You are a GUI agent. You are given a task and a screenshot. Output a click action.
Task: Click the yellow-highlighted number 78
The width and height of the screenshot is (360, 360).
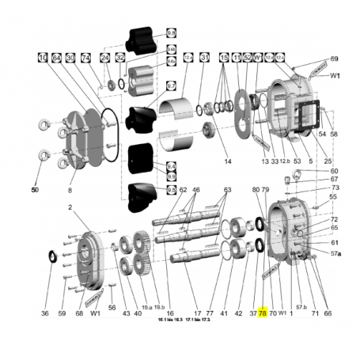click(x=263, y=313)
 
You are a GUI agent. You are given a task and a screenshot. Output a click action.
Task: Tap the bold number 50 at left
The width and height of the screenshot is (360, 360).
click(x=35, y=190)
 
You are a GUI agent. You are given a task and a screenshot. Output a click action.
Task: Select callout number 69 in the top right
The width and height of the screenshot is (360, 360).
click(x=334, y=59)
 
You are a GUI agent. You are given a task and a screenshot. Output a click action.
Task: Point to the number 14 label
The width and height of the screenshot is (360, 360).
click(x=227, y=161)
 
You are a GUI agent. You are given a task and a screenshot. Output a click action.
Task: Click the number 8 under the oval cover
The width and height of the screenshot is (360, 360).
click(x=70, y=191)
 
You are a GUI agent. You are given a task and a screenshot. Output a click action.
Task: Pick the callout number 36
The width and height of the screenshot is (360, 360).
click(x=45, y=313)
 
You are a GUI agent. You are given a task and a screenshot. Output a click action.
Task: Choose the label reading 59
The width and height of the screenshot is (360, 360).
click(x=62, y=313)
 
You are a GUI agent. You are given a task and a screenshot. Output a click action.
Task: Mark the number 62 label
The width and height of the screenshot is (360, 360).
click(x=183, y=190)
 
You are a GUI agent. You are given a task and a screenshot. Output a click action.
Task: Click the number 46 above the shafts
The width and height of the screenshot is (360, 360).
click(x=195, y=190)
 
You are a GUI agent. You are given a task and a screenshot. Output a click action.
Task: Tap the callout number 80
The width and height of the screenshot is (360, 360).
click(x=255, y=190)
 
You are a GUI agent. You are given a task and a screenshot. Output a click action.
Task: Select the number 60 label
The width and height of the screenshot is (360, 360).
click(x=334, y=171)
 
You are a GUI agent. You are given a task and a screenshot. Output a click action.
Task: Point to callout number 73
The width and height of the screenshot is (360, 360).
click(x=334, y=188)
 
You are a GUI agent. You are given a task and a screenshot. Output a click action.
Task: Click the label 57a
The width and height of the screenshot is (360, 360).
click(x=335, y=253)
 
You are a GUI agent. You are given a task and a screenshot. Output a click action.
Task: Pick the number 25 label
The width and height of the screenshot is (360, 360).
click(x=327, y=161)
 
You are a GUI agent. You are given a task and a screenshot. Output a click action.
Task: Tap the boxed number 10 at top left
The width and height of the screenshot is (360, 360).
click(x=41, y=58)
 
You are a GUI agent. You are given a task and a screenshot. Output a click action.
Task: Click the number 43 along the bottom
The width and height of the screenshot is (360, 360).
click(x=125, y=313)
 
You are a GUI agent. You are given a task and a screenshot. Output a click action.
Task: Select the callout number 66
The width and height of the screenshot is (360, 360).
click(x=328, y=313)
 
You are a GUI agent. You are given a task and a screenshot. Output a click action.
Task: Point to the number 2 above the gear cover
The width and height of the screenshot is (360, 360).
click(x=70, y=207)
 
